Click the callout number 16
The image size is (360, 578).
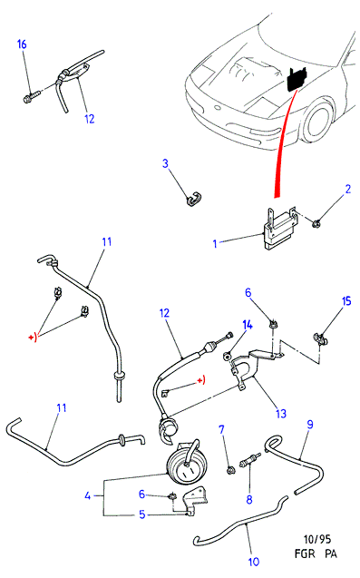[22, 44]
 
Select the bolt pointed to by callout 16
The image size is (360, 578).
[32, 96]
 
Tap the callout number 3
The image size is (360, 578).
[165, 163]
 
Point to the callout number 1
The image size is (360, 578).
[215, 244]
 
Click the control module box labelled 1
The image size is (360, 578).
[281, 230]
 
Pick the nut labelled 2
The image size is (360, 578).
[316, 223]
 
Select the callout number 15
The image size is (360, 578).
[346, 301]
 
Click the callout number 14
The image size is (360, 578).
[248, 325]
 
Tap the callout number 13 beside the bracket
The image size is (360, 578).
[281, 413]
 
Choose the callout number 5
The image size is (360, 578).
[142, 514]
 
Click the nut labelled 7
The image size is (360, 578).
[231, 470]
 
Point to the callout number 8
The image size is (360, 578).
[249, 499]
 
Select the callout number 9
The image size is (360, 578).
[310, 425]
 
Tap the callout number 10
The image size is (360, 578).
[254, 562]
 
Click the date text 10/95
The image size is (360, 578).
[316, 539]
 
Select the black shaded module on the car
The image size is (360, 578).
[297, 79]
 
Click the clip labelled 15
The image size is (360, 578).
[320, 338]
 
